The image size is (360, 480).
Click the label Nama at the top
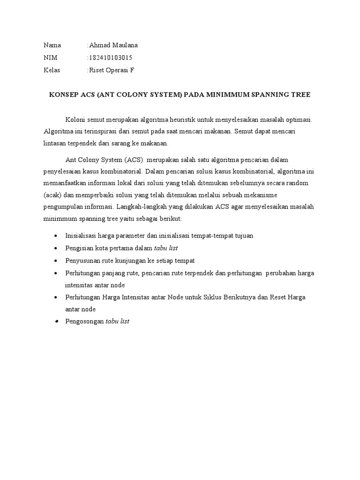pyautogui.click(x=52, y=45)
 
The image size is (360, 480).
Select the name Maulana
pyautogui.click(x=124, y=45)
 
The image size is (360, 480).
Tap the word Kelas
pyautogui.click(x=52, y=70)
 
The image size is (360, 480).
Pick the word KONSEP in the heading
pyautogui.click(x=63, y=95)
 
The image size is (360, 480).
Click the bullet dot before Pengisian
pyautogui.click(x=56, y=247)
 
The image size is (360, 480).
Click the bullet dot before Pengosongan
pyautogui.click(x=56, y=322)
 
